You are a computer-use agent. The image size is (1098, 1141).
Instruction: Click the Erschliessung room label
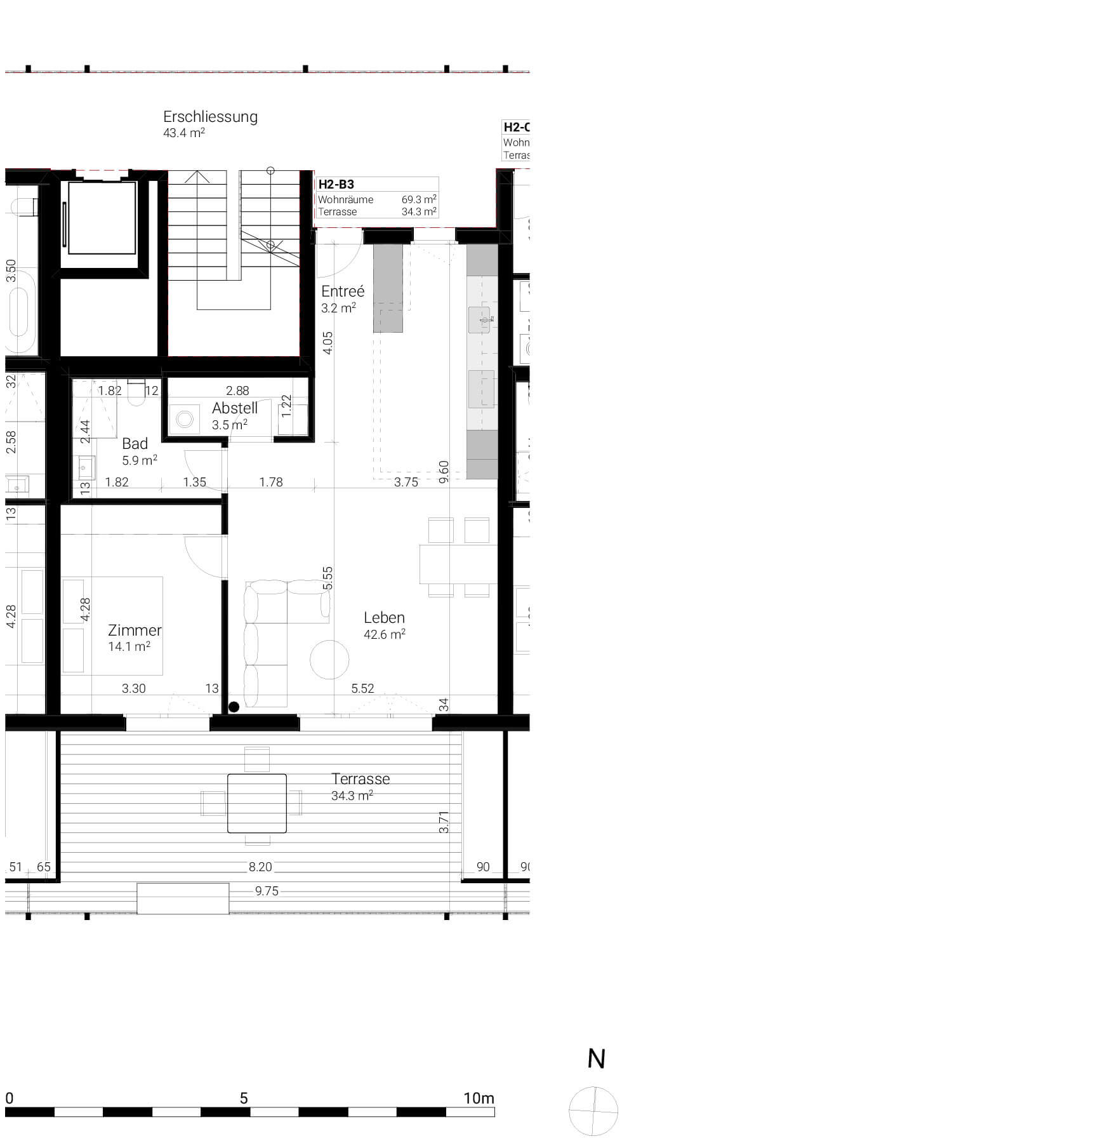[x=210, y=117]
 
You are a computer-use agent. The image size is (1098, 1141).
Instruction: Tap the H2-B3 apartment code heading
[x=336, y=185]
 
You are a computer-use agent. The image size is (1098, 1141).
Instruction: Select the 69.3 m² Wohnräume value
[x=418, y=199]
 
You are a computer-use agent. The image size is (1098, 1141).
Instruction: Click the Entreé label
[x=343, y=291]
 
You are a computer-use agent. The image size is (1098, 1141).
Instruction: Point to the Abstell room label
[x=234, y=408]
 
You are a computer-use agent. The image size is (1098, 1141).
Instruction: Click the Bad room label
[x=135, y=444]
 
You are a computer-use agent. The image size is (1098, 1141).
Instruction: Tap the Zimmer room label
[x=135, y=630]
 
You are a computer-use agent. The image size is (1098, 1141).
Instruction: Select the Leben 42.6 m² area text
[x=384, y=634]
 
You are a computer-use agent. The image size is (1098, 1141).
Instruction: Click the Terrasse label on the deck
[x=360, y=779]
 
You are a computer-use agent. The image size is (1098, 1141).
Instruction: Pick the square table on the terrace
[x=256, y=803]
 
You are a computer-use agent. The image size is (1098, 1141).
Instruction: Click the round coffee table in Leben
[x=329, y=660]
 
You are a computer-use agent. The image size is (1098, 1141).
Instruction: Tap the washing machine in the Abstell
[x=185, y=419]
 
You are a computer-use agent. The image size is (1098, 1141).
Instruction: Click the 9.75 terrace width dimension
[x=267, y=891]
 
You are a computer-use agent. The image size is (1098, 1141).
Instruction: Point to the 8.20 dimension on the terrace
[x=260, y=867]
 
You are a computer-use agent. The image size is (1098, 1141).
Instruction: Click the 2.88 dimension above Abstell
[x=237, y=390]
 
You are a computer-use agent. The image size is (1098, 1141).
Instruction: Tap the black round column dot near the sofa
[x=234, y=707]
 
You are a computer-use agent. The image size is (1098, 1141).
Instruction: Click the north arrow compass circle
[x=593, y=1111]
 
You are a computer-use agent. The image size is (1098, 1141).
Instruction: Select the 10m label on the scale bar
[x=479, y=1098]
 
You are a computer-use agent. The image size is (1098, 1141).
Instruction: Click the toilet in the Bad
[x=136, y=394]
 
